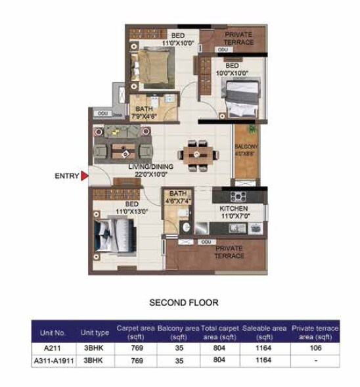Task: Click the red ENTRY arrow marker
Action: coord(84,176)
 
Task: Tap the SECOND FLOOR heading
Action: coord(183,303)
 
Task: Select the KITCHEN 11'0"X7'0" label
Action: coord(233,212)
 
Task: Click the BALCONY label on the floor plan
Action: coord(246,150)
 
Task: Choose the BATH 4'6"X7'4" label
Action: coord(178,197)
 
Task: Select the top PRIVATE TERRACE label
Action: coord(240,38)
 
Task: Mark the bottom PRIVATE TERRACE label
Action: coord(229,252)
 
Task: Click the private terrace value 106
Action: coord(315,349)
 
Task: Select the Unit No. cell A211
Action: coord(54,349)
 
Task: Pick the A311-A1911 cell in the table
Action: coord(54,361)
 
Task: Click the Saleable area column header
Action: coord(264,331)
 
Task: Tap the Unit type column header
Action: coord(95,333)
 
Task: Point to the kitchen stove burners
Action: coord(238,196)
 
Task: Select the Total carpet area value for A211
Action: coord(219,349)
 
